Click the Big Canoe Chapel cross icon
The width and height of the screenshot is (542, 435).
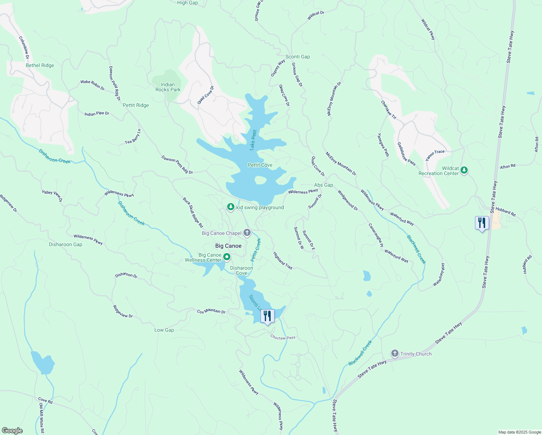point(247,233)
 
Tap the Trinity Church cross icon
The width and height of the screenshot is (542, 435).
point(395,353)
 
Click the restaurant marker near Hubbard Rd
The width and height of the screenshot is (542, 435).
point(482,223)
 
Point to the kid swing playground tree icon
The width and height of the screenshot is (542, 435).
point(231,207)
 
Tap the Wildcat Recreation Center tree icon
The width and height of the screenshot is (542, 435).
point(464,170)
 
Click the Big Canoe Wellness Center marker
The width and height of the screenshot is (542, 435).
point(227,257)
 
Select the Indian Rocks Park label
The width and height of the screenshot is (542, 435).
point(168,87)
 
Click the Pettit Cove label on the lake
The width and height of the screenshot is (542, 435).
point(260,165)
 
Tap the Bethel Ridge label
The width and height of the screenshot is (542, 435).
point(40,65)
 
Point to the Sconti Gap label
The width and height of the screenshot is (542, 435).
point(297,57)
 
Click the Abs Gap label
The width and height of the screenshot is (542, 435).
point(324,185)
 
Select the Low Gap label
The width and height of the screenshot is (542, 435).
point(164,330)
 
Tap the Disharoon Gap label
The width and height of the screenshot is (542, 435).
point(66,244)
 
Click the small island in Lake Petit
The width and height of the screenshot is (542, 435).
point(260,180)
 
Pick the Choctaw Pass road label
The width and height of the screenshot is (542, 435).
point(283,337)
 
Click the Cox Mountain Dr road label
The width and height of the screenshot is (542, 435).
point(211,311)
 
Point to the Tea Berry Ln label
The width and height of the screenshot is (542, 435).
point(133,137)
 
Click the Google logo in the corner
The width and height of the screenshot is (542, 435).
point(12,430)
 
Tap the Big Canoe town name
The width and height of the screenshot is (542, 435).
point(228,246)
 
